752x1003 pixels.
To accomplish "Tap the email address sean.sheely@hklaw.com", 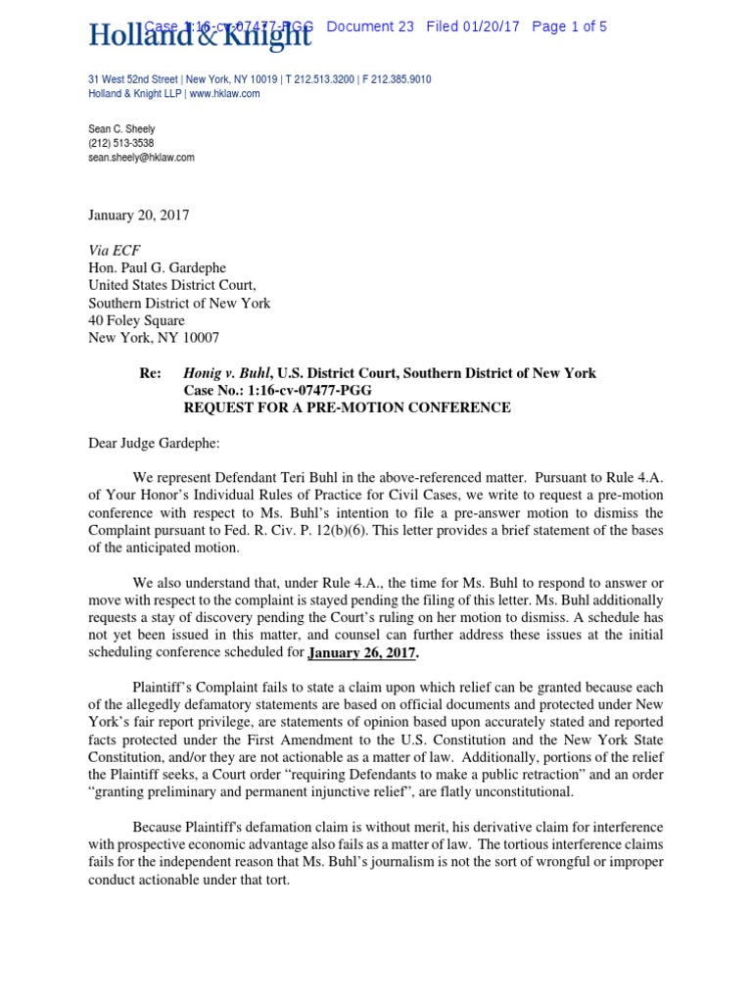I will pyautogui.click(x=141, y=157).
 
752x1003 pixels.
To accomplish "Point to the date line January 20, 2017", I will pyautogui.click(x=138, y=215).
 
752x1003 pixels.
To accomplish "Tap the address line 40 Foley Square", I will pyautogui.click(x=136, y=320).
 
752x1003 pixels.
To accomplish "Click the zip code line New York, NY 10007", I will pyautogui.click(x=154, y=338).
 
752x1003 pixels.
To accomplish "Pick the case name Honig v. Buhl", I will pyautogui.click(x=228, y=373).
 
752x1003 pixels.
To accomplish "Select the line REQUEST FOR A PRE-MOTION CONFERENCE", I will pyautogui.click(x=347, y=407).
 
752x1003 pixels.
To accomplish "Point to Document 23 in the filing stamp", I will pyautogui.click(x=370, y=26).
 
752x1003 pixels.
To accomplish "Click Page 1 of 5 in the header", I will pyautogui.click(x=569, y=26).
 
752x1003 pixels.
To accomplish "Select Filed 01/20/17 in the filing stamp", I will pyautogui.click(x=473, y=26).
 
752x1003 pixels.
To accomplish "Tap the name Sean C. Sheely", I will pyautogui.click(x=121, y=129).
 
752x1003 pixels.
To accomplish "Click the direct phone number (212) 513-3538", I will pyautogui.click(x=120, y=143).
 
